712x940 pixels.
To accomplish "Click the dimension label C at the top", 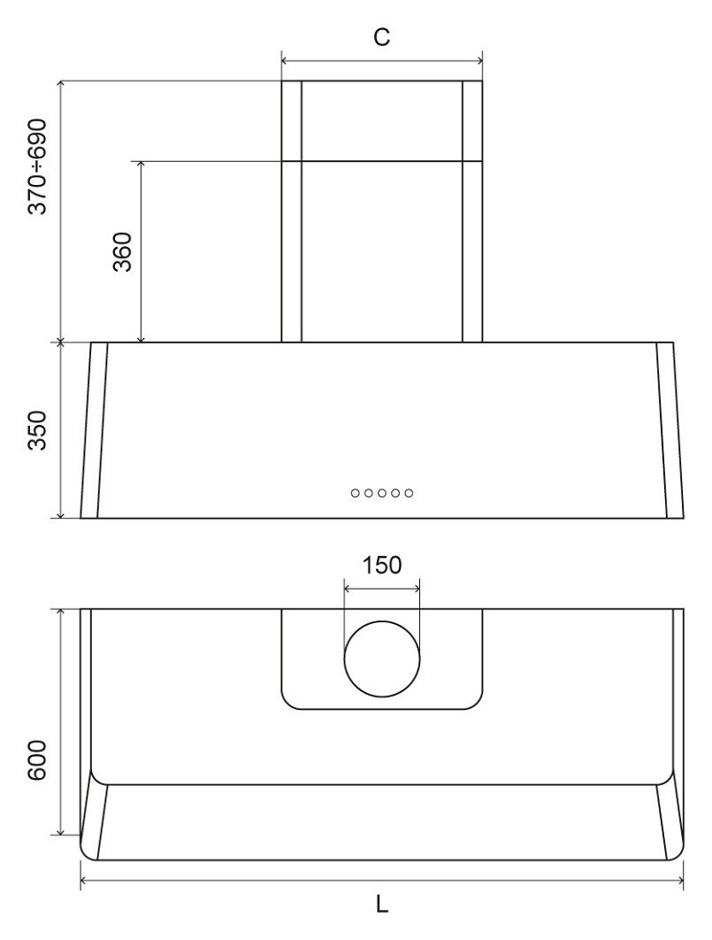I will click(x=381, y=37).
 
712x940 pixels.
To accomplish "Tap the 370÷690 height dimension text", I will click(x=39, y=165).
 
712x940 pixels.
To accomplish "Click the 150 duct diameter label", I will click(x=382, y=565).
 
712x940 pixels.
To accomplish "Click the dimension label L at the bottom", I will click(x=381, y=905).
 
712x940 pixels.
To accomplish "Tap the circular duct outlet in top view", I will click(x=382, y=662).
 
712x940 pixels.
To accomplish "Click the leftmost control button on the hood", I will click(x=356, y=492).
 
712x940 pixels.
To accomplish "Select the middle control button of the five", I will click(x=382, y=492).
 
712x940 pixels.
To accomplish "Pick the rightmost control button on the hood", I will click(x=409, y=492).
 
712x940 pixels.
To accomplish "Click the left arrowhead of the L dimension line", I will click(x=85, y=881).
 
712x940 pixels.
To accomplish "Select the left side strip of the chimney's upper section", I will click(x=292, y=120).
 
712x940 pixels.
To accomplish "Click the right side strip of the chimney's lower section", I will click(x=472, y=251).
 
